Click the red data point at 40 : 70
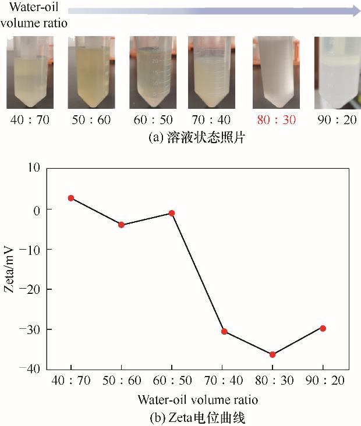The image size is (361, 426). [x=71, y=198]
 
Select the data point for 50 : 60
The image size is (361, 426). [x=121, y=225]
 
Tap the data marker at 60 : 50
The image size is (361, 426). [x=172, y=213]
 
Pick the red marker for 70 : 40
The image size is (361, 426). [x=224, y=332]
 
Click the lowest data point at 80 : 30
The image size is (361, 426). [x=272, y=354]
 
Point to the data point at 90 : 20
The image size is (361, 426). [x=323, y=328]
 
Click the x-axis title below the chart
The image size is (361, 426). [x=198, y=400]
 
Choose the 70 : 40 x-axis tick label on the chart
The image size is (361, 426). [x=222, y=382]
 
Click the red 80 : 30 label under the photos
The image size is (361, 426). [x=272, y=121]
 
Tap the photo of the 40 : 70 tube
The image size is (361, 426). [x=30, y=73]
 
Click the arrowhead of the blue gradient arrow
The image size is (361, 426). [x=355, y=10]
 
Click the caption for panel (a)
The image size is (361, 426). [x=181, y=139]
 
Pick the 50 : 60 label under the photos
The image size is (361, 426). [x=91, y=121]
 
